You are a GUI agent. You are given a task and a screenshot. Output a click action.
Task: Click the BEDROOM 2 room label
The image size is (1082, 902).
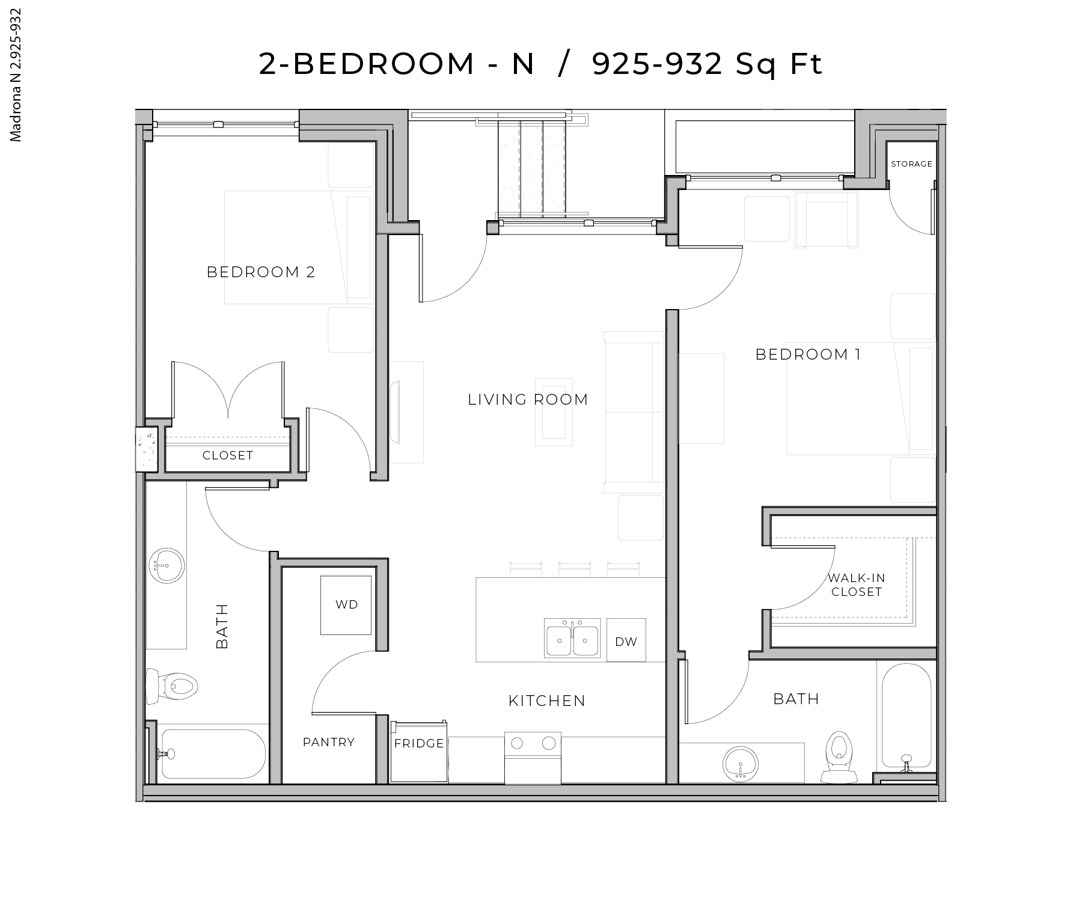click(x=261, y=272)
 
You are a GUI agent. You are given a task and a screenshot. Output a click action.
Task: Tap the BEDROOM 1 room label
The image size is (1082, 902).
click(x=808, y=355)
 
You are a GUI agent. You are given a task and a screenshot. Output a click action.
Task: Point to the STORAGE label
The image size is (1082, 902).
click(x=911, y=164)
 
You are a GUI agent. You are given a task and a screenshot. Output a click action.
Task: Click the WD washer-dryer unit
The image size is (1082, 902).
click(x=346, y=605)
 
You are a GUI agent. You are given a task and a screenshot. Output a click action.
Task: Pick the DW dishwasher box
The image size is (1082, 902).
click(x=626, y=641)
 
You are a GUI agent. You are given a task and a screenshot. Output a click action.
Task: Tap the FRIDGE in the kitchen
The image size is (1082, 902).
click(x=418, y=752)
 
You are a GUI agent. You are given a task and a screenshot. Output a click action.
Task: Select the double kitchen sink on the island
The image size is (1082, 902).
click(x=572, y=638)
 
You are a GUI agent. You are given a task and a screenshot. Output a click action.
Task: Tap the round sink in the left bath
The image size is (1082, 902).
click(x=166, y=566)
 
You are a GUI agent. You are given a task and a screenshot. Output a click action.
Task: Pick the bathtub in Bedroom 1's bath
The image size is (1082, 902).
click(x=906, y=716)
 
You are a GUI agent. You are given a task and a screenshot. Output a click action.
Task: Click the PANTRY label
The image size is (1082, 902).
click(x=328, y=743)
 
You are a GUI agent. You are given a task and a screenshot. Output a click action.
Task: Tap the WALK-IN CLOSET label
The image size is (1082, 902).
click(x=856, y=585)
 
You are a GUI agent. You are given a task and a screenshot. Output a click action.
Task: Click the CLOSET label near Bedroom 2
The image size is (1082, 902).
click(x=228, y=456)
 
